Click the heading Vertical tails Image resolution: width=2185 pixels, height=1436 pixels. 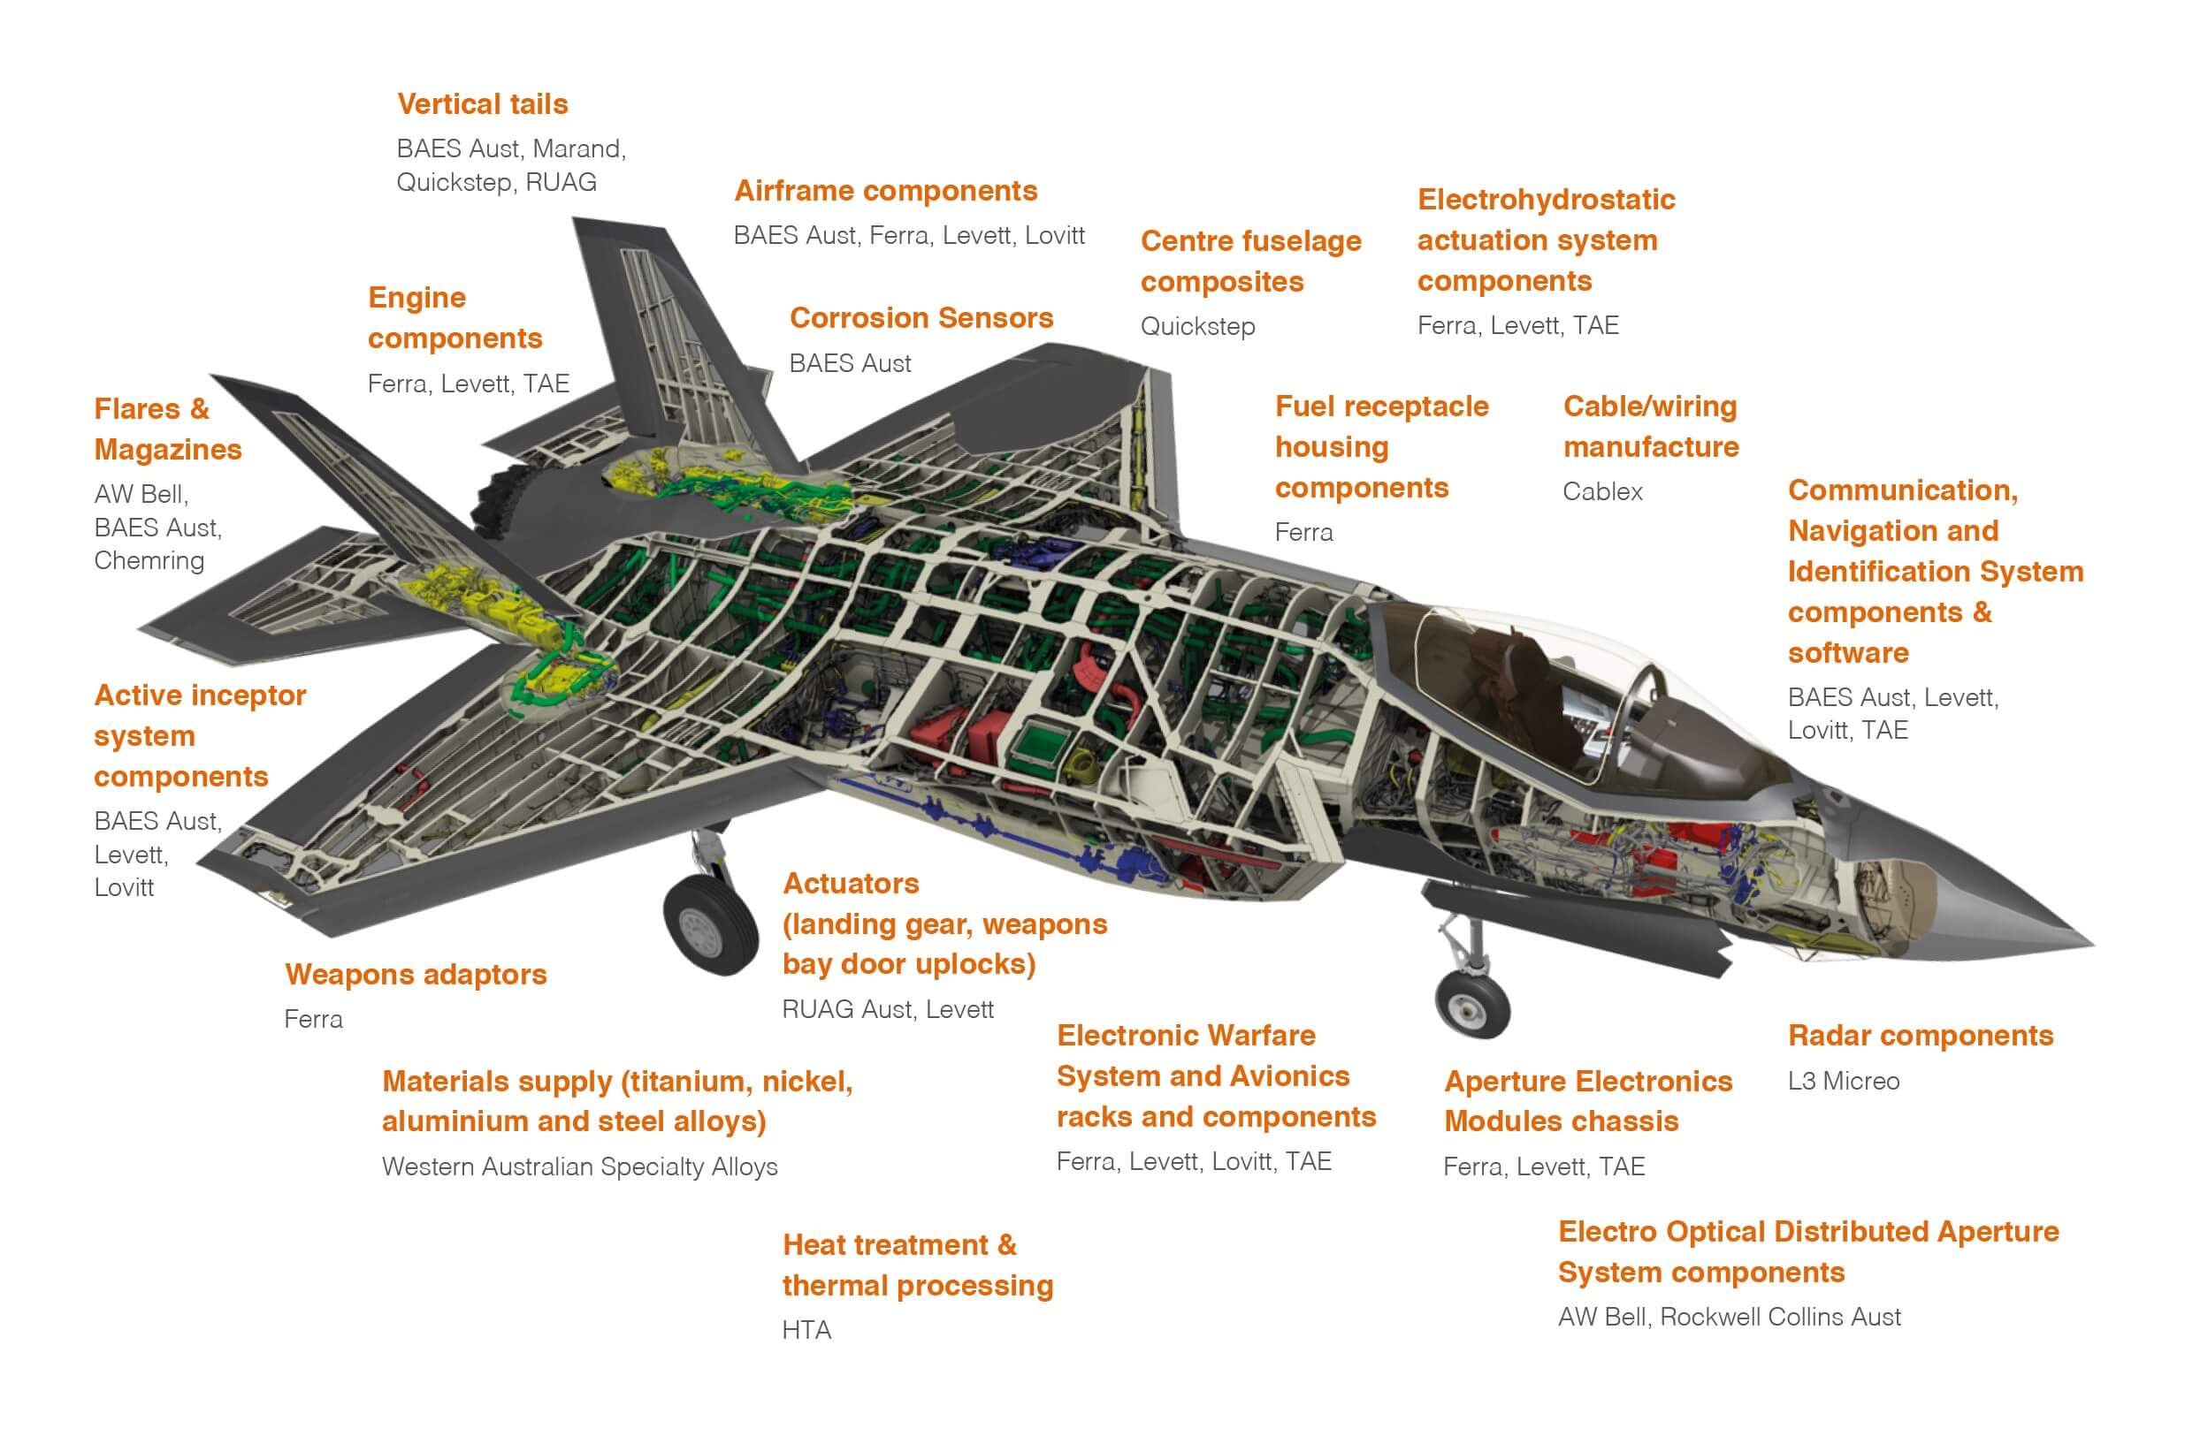click(482, 104)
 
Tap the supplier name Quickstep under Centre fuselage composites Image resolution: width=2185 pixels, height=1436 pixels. click(1197, 327)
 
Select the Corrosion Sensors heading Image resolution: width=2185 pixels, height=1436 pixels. click(921, 318)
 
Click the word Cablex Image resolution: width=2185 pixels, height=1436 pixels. click(1602, 492)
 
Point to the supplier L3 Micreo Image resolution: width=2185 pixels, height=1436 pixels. click(1843, 1081)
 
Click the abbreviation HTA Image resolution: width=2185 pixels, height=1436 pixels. click(806, 1331)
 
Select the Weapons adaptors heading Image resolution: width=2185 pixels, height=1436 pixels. click(415, 975)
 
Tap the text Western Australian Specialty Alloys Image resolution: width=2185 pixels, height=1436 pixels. click(579, 1167)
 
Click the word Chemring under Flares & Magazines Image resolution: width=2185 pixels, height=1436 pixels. click(149, 560)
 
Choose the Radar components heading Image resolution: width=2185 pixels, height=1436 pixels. click(1920, 1036)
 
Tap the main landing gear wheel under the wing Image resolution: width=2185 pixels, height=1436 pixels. click(711, 925)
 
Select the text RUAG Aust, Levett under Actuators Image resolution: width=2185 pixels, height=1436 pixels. click(887, 1010)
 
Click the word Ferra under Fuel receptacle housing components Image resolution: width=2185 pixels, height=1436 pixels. click(1303, 533)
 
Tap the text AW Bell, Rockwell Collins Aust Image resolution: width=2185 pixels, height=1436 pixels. click(1729, 1318)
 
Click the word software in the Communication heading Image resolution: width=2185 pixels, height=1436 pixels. click(1847, 653)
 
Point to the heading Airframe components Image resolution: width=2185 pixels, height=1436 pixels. click(885, 191)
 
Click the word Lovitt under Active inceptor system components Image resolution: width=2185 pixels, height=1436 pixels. click(124, 888)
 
